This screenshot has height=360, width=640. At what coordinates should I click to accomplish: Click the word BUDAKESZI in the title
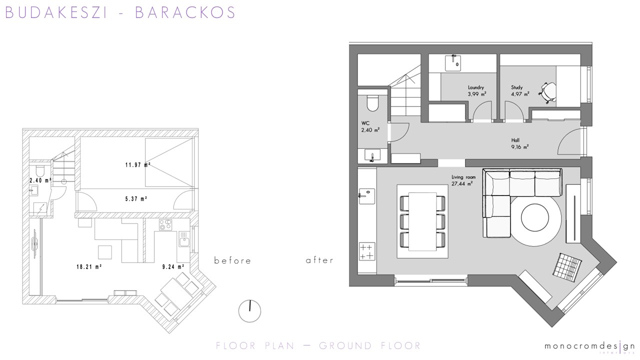click(x=56, y=12)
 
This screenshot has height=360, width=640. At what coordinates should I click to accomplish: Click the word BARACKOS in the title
click(x=185, y=12)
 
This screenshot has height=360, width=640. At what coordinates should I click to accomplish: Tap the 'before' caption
click(x=232, y=260)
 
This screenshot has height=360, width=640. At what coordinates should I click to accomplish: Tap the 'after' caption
click(x=319, y=260)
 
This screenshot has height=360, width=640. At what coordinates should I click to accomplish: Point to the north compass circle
click(x=249, y=311)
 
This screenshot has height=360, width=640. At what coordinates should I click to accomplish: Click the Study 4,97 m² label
click(x=520, y=90)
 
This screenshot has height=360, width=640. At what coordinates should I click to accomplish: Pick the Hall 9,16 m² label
click(x=519, y=143)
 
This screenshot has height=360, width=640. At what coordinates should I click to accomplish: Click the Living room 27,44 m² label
click(x=463, y=180)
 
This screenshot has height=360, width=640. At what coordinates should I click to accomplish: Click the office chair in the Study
click(x=547, y=92)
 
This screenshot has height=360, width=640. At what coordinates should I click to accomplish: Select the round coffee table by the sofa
click(x=535, y=217)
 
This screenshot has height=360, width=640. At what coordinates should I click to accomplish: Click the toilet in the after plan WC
click(x=372, y=103)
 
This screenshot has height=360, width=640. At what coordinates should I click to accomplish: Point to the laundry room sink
click(x=453, y=62)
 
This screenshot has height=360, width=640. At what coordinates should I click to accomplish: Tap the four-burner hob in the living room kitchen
click(x=367, y=251)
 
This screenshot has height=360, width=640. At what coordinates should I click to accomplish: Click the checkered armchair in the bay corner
click(x=567, y=267)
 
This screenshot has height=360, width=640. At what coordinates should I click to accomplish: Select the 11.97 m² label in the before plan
click(x=138, y=165)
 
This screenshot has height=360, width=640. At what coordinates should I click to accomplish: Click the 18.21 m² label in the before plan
click(x=89, y=267)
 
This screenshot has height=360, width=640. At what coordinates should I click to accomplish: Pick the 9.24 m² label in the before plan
click(x=173, y=267)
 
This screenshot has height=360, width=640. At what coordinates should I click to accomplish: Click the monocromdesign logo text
click(x=589, y=346)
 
